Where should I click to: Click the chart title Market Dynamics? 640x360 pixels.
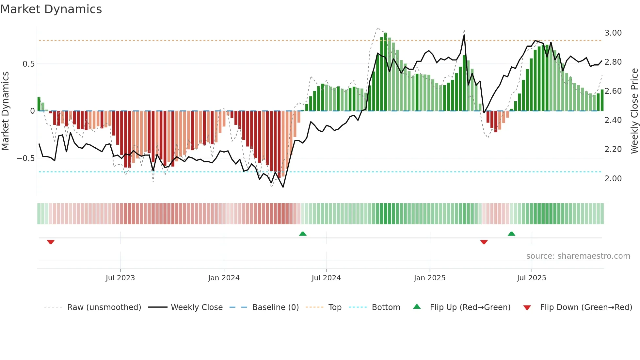coord(51,9)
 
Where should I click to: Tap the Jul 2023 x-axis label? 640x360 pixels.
coord(120,278)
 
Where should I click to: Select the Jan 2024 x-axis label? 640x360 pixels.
coord(224,278)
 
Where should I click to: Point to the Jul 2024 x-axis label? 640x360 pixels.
coord(326,278)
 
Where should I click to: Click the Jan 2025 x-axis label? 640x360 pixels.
coord(429,278)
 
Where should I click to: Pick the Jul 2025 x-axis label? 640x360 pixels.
coord(531,278)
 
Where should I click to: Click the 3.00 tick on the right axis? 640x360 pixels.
coord(613,33)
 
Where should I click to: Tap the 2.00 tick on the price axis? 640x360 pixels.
coord(613,179)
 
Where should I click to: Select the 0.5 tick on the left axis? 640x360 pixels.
coord(28,64)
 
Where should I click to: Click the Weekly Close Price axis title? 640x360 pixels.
coord(634,111)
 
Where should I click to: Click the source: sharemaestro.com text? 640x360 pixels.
coord(578,256)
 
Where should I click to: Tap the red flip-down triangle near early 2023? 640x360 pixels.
coord(51,242)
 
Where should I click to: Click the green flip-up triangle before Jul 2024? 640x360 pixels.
coord(303,234)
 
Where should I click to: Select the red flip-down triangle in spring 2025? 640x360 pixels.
coord(484,242)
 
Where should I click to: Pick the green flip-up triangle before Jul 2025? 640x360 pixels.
coord(511,234)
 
